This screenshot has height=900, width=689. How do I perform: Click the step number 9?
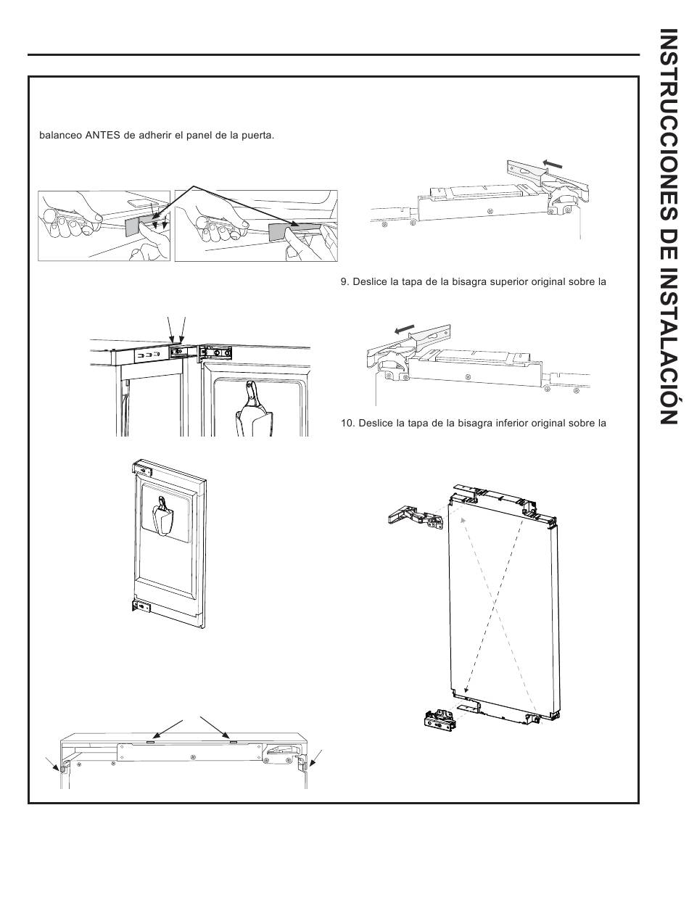point(344,282)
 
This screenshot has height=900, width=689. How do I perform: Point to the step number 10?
point(347,424)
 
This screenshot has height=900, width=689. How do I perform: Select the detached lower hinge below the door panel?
point(440,719)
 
